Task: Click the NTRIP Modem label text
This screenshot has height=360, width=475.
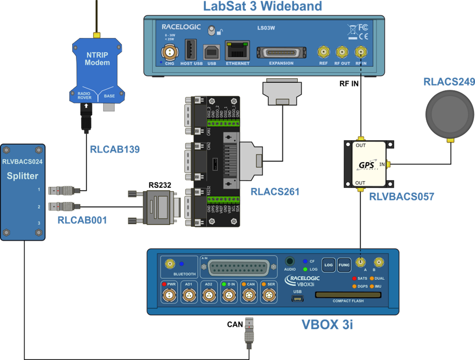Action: pos(97,59)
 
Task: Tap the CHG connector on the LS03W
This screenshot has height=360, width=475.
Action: pos(170,52)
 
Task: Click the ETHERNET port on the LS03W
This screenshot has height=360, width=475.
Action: pos(237,51)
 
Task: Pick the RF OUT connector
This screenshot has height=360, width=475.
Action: pos(342,52)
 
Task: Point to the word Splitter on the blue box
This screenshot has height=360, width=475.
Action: pos(22,176)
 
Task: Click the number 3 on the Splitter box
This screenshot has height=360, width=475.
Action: pos(39,223)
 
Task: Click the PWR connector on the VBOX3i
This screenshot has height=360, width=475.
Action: pos(169,295)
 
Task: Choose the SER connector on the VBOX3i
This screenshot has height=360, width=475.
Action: pos(268,295)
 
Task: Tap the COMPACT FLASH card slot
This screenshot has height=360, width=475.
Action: pos(348,295)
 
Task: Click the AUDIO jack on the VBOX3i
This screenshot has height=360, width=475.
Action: pos(290,261)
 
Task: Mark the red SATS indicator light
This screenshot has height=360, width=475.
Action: pos(354,278)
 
